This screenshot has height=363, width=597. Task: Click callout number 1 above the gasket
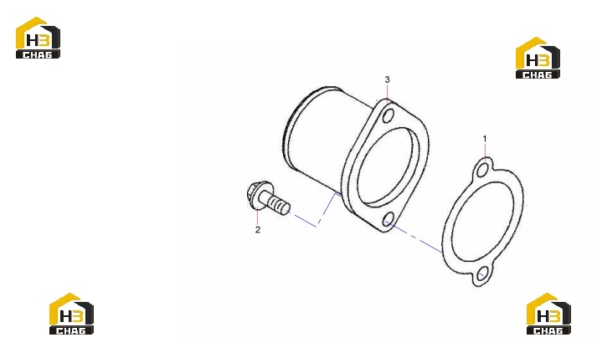click(485, 139)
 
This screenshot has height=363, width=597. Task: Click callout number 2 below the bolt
click(258, 230)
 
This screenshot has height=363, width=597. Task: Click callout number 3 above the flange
click(387, 79)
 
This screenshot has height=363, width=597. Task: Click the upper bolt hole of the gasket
click(482, 170)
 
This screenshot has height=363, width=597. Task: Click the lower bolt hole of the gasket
click(482, 274)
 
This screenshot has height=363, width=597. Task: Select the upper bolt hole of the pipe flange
click(388, 115)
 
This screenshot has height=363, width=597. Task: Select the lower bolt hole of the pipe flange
click(388, 219)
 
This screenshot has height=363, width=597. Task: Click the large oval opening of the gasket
click(483, 222)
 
